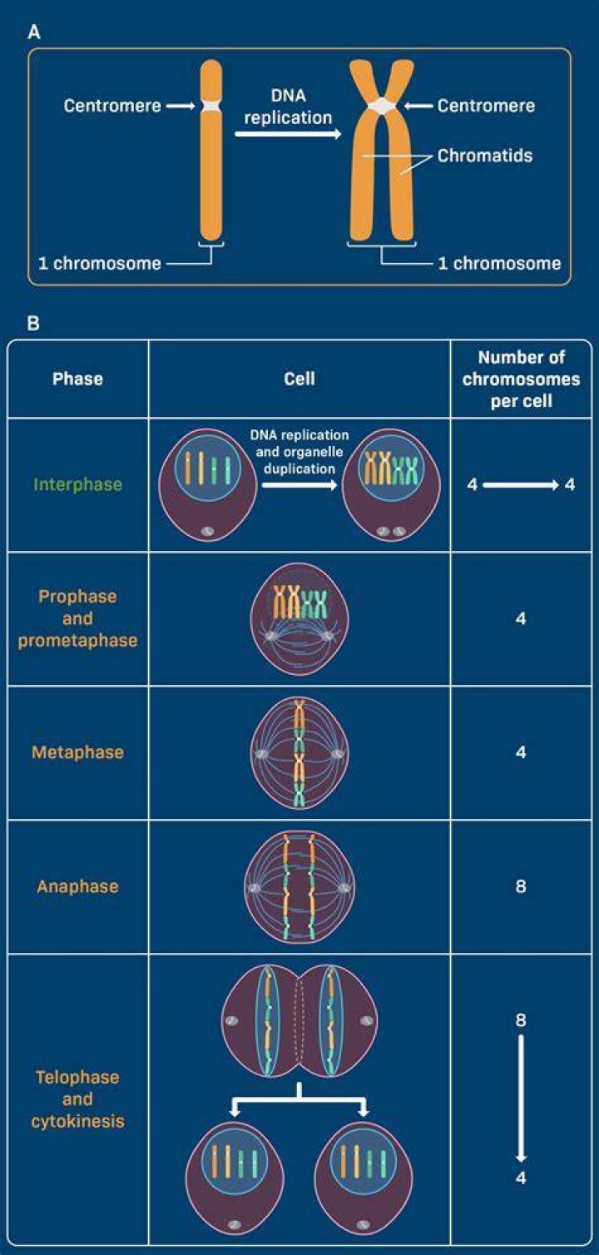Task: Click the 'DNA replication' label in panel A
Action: (x=288, y=107)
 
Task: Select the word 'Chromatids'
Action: (x=485, y=155)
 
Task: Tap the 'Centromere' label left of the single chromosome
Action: (x=112, y=106)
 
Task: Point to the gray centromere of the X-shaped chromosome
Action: (x=382, y=106)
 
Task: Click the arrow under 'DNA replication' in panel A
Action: (x=288, y=135)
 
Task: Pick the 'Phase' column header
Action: (x=77, y=379)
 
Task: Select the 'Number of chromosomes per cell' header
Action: (x=521, y=379)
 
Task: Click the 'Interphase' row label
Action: (x=78, y=484)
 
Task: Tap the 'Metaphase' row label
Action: (x=78, y=752)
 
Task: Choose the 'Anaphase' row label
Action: (x=78, y=886)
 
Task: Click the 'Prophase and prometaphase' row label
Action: (x=78, y=618)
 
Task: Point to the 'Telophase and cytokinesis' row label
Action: (x=78, y=1099)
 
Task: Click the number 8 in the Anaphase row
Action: (x=521, y=886)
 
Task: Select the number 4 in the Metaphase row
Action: (x=521, y=752)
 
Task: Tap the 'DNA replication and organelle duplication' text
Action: (x=299, y=452)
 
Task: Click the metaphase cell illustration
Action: (x=299, y=752)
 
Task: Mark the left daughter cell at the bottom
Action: (x=235, y=1178)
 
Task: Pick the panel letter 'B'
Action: (x=33, y=323)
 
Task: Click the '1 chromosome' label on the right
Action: (x=499, y=263)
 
